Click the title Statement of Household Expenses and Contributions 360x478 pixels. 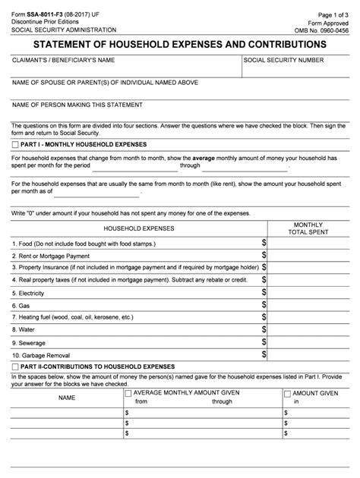point(179,45)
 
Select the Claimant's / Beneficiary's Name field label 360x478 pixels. point(63,59)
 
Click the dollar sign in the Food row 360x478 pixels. point(264,243)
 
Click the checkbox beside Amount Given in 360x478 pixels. point(287,394)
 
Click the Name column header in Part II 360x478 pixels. point(67,398)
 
